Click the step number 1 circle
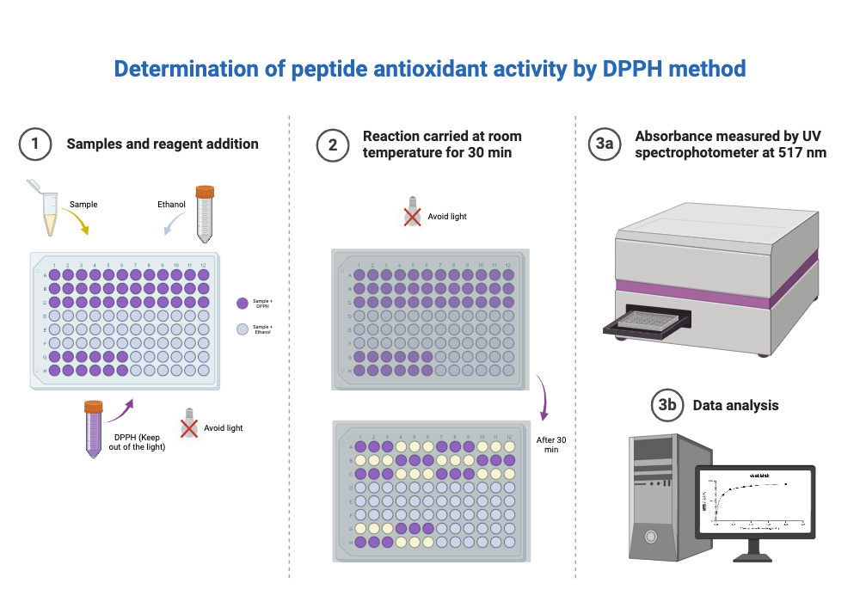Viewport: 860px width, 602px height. [35, 144]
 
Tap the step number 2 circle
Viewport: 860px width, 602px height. [333, 144]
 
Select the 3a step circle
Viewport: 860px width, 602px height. [605, 144]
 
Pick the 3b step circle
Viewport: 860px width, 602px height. [666, 405]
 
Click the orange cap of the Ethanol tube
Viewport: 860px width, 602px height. [204, 191]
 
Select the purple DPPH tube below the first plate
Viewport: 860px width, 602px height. [94, 430]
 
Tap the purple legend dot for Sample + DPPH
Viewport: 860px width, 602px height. [242, 303]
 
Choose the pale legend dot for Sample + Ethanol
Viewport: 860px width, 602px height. [242, 329]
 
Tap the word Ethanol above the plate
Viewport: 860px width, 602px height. [171, 206]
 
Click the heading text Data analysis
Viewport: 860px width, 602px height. [735, 405]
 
